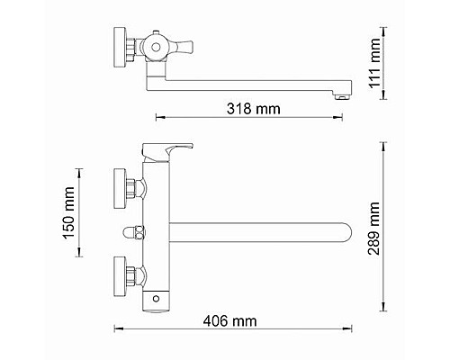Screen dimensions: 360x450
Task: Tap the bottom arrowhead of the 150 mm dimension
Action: pyautogui.click(x=81, y=261)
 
